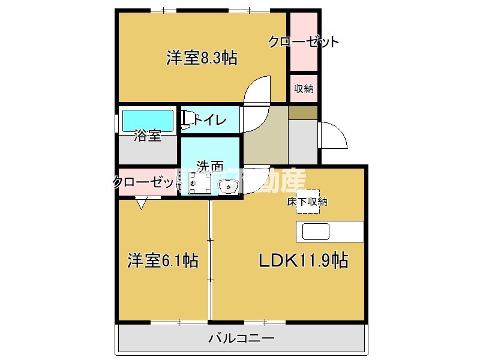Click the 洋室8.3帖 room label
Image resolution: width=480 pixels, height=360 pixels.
pyautogui.click(x=201, y=58)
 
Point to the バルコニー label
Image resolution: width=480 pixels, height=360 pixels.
pyautogui.click(x=241, y=338)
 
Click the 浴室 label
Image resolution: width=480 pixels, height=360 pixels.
pyautogui.click(x=148, y=136)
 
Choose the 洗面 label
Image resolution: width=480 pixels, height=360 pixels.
pyautogui.click(x=210, y=166)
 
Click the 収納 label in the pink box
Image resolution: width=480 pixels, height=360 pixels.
pyautogui.click(x=304, y=89)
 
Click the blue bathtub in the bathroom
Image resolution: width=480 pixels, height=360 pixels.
pyautogui.click(x=148, y=120)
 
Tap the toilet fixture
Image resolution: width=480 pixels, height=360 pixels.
pyautogui.click(x=188, y=120)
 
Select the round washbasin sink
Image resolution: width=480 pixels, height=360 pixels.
pyautogui.click(x=229, y=188)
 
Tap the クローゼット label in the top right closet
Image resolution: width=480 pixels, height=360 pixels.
pyautogui.click(x=304, y=42)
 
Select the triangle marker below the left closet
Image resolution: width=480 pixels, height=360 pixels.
pyautogui.click(x=141, y=205)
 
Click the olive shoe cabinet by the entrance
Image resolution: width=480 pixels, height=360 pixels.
pyautogui.click(x=303, y=112)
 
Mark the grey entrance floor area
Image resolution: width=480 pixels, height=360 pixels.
pyautogui.click(x=303, y=141)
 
